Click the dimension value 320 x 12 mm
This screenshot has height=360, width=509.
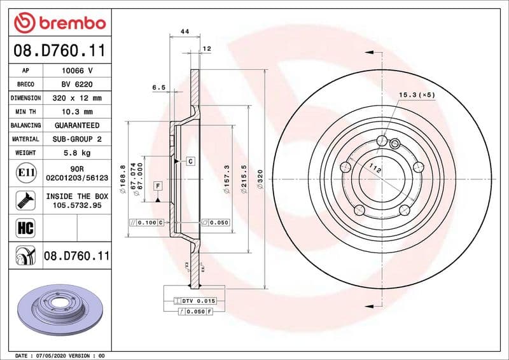77,98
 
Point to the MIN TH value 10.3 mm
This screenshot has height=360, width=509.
77,111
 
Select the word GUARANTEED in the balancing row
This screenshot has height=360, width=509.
77,125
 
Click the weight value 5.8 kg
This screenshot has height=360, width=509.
77,153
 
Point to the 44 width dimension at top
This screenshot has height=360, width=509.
185,31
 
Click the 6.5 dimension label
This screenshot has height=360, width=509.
159,87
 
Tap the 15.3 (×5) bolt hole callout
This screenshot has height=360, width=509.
417,95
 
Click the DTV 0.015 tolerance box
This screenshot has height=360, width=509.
199,300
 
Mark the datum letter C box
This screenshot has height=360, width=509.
190,162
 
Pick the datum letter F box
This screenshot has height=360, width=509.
157,185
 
